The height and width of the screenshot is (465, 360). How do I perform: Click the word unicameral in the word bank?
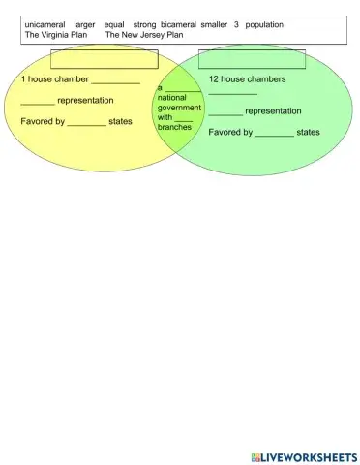pyautogui.click(x=45, y=24)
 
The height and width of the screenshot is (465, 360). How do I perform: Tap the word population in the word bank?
pyautogui.click(x=264, y=24)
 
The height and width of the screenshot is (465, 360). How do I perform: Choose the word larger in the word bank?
pyautogui.click(x=85, y=24)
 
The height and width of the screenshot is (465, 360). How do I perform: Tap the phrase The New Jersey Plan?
pyautogui.click(x=144, y=34)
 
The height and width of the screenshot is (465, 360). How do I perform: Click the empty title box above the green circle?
pyautogui.click(x=252, y=60)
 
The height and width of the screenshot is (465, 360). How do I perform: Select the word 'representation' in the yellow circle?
pyautogui.click(x=85, y=101)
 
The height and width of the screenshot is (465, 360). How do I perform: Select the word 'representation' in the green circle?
pyautogui.click(x=274, y=111)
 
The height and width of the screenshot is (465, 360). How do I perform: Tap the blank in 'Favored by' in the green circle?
pyautogui.click(x=275, y=133)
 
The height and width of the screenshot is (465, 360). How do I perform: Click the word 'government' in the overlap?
pyautogui.click(x=179, y=108)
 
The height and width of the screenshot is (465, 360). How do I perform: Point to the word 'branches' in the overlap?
pyautogui.click(x=175, y=128)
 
